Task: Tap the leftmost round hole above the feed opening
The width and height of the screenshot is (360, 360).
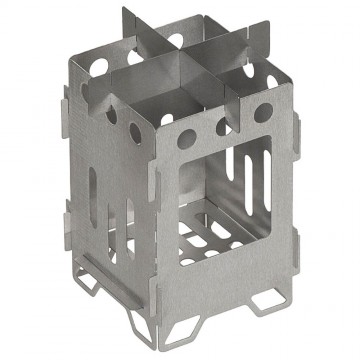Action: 187,138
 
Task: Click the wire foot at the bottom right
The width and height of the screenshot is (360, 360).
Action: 273,297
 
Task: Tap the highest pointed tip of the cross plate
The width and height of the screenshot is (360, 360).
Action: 124,12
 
